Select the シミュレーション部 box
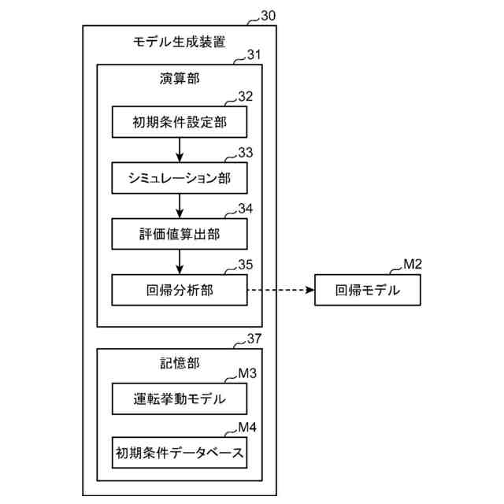(180, 178)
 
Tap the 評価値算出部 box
(180, 234)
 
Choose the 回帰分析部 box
(180, 290)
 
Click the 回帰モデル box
(367, 290)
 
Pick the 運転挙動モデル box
(180, 399)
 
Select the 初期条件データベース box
(180, 453)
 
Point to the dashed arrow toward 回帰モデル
(280, 290)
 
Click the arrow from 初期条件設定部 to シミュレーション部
(180, 150)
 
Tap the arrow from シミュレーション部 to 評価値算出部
(180, 206)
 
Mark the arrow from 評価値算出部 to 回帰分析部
(180, 261)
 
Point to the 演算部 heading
(180, 80)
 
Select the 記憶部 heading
(180, 363)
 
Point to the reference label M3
(247, 373)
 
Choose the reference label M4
(247, 428)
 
